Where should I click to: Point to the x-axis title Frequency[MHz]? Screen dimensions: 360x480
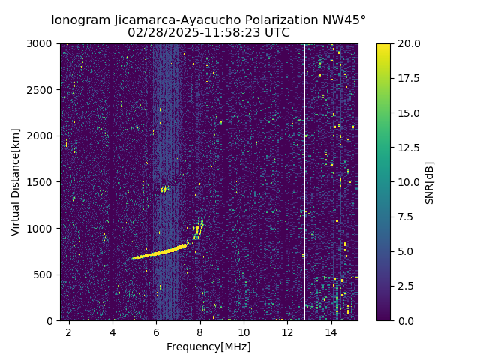pyautogui.click(x=208, y=346)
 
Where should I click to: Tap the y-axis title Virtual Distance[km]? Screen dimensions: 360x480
pyautogui.click(x=16, y=181)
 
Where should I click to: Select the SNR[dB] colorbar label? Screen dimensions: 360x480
pyautogui.click(x=430, y=182)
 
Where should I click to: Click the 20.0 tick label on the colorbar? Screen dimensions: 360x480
pyautogui.click(x=408, y=44)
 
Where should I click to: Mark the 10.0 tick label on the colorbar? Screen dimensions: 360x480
pyautogui.click(x=408, y=182)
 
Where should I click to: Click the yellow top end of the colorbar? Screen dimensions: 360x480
pyautogui.click(x=383, y=46)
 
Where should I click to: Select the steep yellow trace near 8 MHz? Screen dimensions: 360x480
pyautogui.click(x=198, y=229)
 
